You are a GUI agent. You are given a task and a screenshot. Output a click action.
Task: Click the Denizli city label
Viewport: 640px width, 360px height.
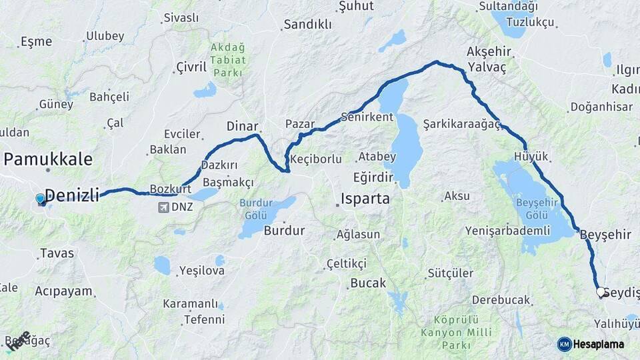click(71, 195)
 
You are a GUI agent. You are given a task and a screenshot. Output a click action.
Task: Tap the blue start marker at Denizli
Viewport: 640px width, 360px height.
click(41, 199)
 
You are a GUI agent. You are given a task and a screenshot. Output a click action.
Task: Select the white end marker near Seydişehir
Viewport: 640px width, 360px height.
click(600, 292)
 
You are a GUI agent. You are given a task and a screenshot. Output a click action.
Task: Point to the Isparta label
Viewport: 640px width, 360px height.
click(365, 199)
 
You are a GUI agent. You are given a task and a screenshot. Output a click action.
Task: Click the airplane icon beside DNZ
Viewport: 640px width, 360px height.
click(163, 207)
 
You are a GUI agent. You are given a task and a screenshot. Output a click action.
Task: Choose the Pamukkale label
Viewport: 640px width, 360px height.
click(48, 159)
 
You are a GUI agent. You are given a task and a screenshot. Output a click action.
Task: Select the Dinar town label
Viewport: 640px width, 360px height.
click(242, 125)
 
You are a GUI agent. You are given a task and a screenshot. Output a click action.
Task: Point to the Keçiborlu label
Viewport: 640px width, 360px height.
click(317, 159)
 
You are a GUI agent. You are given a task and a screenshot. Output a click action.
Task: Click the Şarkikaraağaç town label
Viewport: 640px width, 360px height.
click(461, 124)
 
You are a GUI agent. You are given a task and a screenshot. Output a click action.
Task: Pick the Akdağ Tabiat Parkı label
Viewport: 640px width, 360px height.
click(228, 59)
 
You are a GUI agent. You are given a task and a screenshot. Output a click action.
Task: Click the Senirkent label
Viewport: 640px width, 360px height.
click(367, 117)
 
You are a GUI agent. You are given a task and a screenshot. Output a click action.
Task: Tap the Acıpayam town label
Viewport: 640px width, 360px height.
click(63, 291)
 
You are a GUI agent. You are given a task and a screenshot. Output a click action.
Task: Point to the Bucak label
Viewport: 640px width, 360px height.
click(368, 283)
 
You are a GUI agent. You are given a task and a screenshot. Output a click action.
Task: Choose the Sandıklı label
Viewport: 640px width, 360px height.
click(307, 25)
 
